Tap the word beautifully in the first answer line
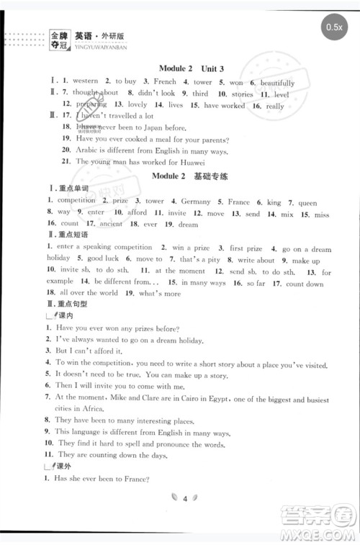click(278, 83)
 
